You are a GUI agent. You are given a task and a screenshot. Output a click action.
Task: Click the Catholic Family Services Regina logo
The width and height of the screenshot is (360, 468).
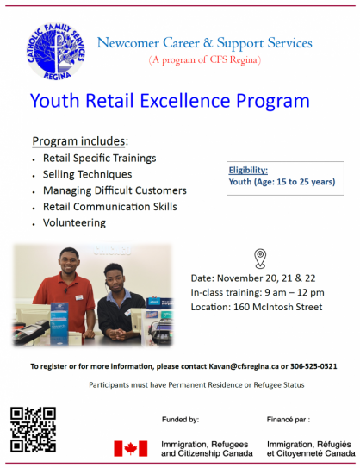[x=56, y=52]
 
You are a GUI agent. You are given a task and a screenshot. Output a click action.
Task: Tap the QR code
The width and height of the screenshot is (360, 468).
[x=33, y=429]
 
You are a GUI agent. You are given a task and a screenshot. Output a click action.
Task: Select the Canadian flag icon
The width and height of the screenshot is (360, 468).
[x=131, y=448]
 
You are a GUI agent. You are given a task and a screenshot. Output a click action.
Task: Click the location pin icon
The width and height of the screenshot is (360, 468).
[x=260, y=259]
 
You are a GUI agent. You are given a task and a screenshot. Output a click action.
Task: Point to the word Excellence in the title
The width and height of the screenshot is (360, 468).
[x=185, y=100]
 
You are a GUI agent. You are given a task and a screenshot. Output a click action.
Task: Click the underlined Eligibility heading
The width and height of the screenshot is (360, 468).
[x=248, y=170]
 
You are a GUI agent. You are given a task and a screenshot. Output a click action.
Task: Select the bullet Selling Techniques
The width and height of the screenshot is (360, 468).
[x=87, y=174]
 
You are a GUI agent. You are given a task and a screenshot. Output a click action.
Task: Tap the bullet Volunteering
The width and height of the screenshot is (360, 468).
[x=74, y=222]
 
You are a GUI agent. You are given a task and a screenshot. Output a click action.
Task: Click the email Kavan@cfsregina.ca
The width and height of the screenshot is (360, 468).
[x=244, y=366]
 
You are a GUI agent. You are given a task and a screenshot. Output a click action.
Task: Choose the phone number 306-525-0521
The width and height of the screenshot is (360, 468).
[x=313, y=366]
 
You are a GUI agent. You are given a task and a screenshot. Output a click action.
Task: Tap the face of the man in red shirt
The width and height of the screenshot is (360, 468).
[x=69, y=262]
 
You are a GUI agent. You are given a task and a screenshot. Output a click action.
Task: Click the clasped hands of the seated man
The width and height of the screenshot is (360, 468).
[x=118, y=334]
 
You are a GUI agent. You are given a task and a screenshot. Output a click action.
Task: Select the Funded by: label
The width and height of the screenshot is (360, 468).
[x=181, y=420]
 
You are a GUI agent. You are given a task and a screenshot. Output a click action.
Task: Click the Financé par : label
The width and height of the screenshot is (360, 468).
[x=289, y=420]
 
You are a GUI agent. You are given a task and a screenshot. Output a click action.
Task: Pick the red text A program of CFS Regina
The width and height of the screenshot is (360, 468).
[x=205, y=59]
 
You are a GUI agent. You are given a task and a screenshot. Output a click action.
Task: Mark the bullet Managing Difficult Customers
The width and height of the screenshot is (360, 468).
[x=115, y=190]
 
